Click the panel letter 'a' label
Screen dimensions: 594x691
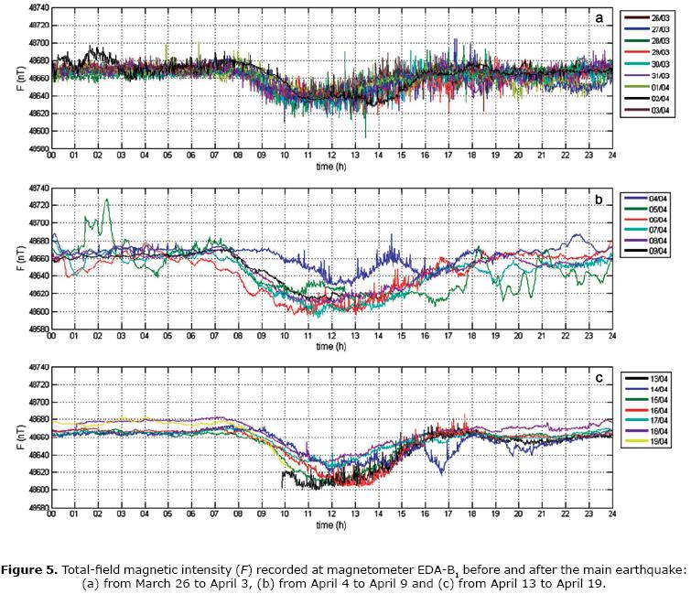pyautogui.click(x=599, y=17)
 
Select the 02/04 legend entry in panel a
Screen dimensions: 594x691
pyautogui.click(x=655, y=123)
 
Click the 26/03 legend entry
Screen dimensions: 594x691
pyautogui.click(x=655, y=17)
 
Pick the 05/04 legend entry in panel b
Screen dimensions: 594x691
pyautogui.click(x=655, y=211)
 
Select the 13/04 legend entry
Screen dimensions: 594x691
pyautogui.click(x=655, y=377)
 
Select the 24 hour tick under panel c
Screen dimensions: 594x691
pyautogui.click(x=612, y=515)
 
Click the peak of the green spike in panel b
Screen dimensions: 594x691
pyautogui.click(x=107, y=200)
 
